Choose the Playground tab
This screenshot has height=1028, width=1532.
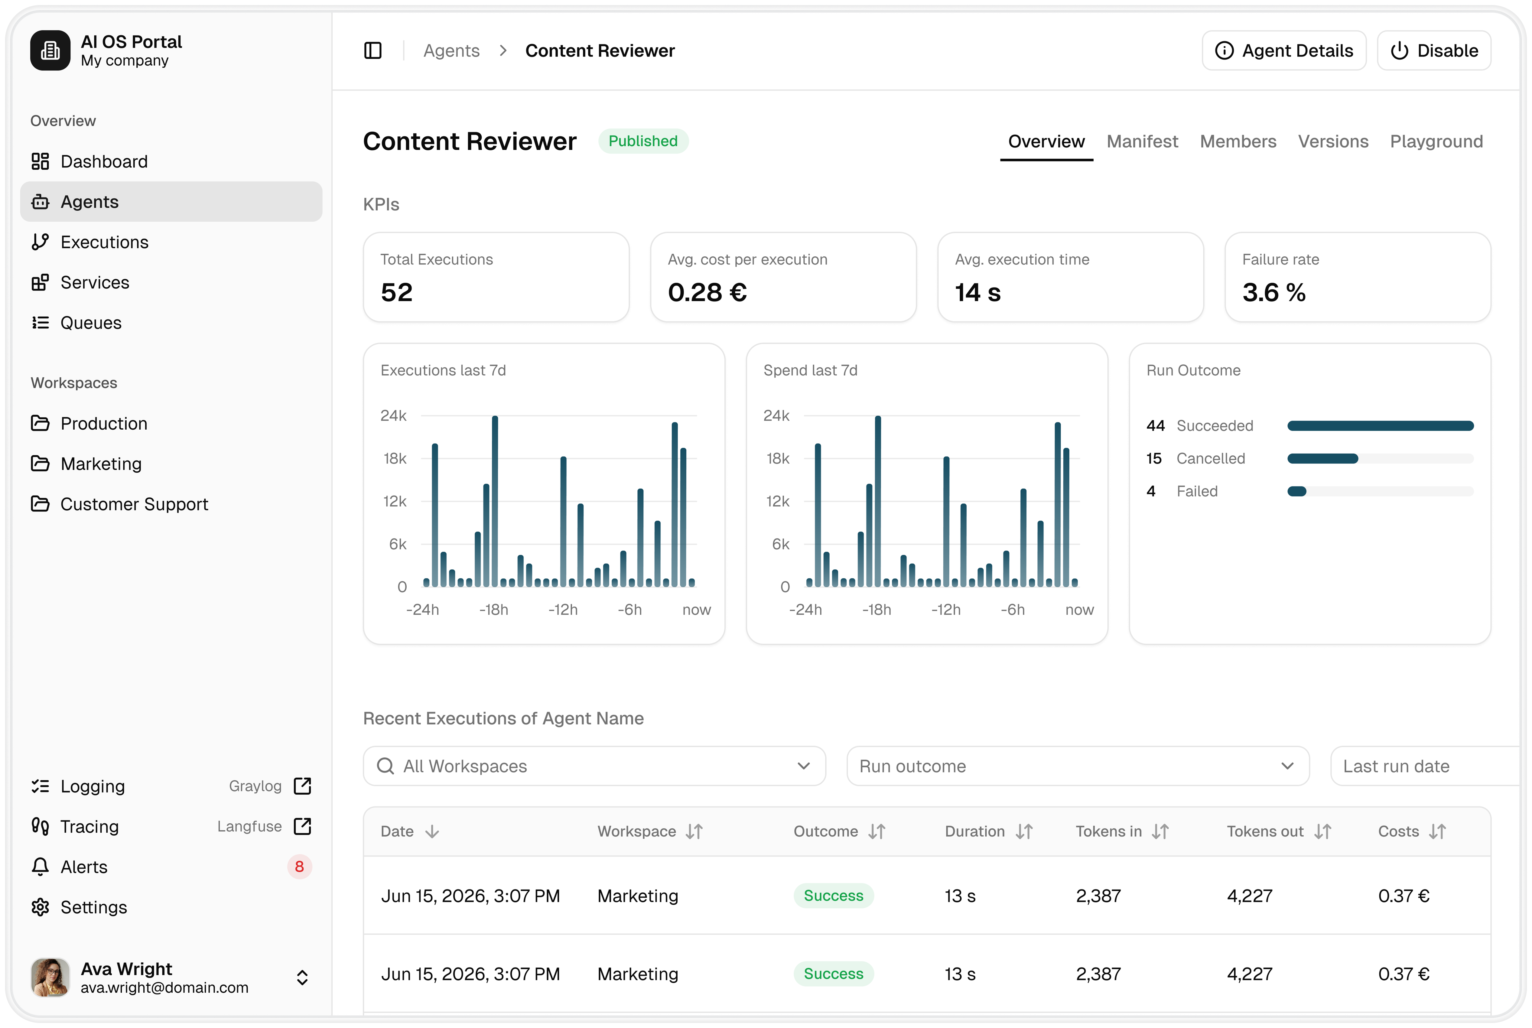[1436, 142]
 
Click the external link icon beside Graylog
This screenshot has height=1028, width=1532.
[302, 786]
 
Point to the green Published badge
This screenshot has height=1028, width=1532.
[643, 141]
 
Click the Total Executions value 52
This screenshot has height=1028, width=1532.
[397, 292]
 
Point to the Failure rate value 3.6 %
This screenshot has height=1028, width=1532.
[1274, 292]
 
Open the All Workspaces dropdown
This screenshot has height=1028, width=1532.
[594, 766]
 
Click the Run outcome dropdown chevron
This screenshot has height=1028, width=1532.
[1287, 766]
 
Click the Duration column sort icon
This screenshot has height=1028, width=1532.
[1024, 831]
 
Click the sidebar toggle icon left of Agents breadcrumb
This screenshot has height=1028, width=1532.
[373, 50]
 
